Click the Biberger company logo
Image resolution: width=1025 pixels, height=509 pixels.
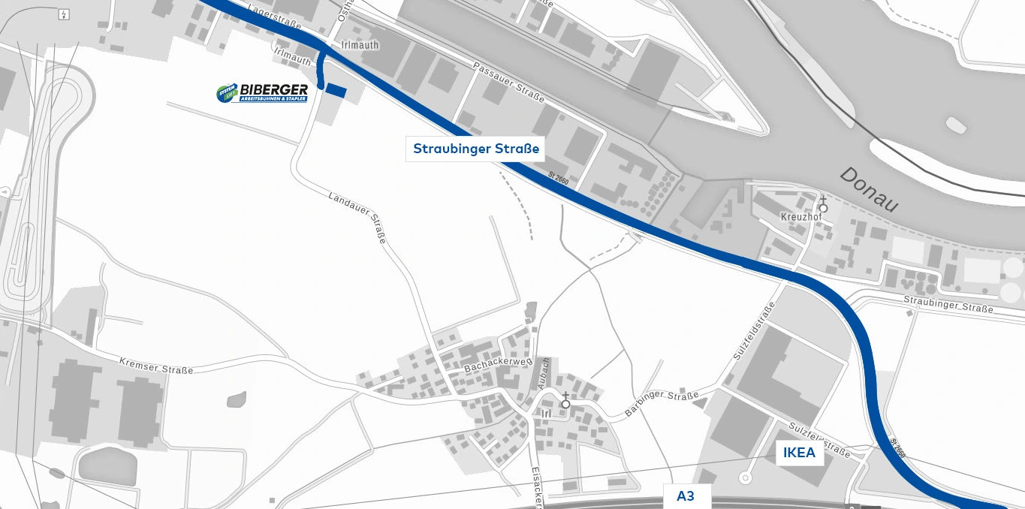click(262, 92)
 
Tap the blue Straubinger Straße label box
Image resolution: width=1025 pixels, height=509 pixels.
click(476, 149)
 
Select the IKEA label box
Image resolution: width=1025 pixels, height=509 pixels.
click(799, 453)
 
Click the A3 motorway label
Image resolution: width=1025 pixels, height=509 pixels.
click(685, 495)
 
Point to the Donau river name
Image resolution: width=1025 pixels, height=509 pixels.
click(868, 189)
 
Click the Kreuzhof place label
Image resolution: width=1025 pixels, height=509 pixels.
click(800, 217)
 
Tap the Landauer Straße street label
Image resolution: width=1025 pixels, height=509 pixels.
click(357, 218)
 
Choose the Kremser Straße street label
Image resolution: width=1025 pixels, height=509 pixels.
click(156, 366)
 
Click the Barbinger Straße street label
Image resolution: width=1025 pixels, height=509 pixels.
click(662, 403)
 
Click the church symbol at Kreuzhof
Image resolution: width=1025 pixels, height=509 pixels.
click(823, 206)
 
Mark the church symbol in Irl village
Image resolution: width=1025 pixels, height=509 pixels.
click(565, 402)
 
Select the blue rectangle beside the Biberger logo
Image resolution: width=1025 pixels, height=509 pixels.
click(336, 91)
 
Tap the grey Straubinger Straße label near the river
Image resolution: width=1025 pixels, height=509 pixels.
click(948, 306)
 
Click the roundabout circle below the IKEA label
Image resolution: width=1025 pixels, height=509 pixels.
click(745, 477)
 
